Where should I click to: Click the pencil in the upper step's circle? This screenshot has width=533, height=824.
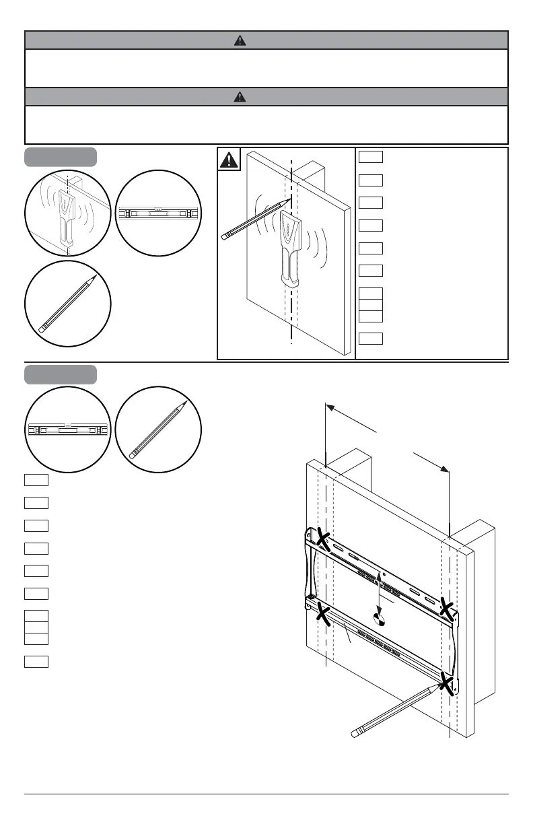[x=67, y=304]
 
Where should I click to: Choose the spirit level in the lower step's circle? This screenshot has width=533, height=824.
[x=68, y=430]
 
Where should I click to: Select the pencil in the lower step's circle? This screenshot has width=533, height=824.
[x=158, y=430]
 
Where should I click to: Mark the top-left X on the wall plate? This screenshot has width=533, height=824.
[x=323, y=539]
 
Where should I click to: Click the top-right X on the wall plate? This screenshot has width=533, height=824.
[x=446, y=609]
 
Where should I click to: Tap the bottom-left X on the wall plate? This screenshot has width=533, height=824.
[x=324, y=613]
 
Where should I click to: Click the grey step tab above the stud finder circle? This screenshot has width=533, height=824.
[x=61, y=157]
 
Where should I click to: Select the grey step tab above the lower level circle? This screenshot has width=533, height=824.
[x=61, y=374]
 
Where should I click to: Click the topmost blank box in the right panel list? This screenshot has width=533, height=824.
[x=371, y=157]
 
